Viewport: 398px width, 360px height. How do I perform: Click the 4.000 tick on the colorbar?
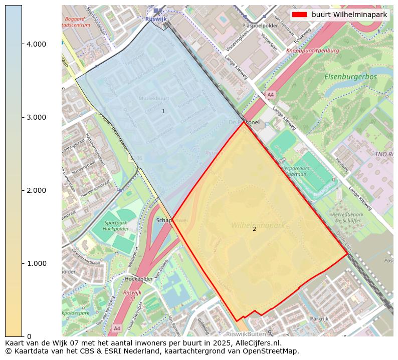(37, 44)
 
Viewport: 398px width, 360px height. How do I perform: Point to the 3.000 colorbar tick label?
(37, 117)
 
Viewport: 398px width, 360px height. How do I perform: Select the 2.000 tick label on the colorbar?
(37, 190)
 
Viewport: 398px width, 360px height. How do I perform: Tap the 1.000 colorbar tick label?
(37, 263)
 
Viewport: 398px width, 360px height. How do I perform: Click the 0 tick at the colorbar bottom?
(29, 336)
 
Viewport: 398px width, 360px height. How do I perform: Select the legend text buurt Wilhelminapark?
(349, 15)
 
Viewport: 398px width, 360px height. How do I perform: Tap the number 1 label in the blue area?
(163, 111)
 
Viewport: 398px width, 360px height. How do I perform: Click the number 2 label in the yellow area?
(254, 229)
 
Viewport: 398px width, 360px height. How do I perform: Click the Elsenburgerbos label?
(350, 77)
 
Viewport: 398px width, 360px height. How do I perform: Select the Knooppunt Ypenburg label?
(313, 51)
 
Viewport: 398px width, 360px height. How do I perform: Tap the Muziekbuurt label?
(154, 98)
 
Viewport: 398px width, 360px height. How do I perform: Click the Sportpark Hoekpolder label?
(116, 225)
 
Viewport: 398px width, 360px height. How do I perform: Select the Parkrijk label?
(319, 318)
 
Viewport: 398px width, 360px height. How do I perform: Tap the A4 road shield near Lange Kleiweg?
(271, 95)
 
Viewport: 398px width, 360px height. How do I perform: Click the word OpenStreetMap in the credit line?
(273, 351)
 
